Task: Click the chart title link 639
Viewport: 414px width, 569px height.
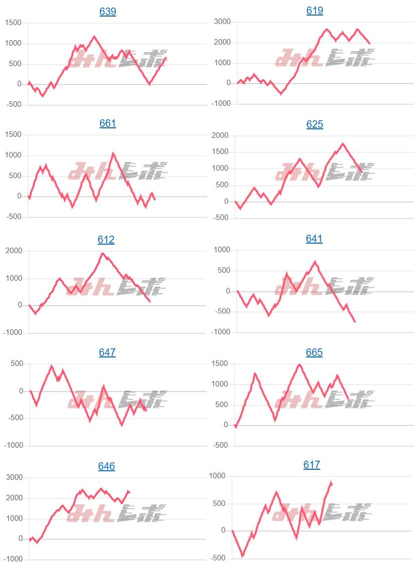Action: [x=108, y=12]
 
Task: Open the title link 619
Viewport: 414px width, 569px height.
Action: [x=315, y=11]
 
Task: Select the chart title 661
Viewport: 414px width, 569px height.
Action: [x=108, y=123]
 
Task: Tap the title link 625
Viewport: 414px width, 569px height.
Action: [x=315, y=124]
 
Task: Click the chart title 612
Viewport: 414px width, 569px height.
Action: [x=106, y=240]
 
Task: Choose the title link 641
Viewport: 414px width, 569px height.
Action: [x=314, y=239]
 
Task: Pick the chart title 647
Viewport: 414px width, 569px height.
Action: [x=107, y=352]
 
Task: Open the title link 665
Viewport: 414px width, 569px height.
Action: [x=314, y=352]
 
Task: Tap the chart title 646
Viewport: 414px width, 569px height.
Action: [x=106, y=466]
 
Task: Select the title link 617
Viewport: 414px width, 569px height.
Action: [x=312, y=465]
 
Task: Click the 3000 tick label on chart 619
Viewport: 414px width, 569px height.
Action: [x=222, y=22]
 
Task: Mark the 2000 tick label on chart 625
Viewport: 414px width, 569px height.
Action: [x=220, y=135]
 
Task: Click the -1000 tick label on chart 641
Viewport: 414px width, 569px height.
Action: [x=221, y=332]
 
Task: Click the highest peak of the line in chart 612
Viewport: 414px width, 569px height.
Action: [x=102, y=253]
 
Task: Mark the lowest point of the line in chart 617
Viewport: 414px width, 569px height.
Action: [x=243, y=555]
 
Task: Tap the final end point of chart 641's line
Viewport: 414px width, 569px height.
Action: [x=355, y=321]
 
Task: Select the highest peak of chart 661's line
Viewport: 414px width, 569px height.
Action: [x=113, y=153]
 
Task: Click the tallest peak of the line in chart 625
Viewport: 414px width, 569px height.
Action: [x=343, y=144]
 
